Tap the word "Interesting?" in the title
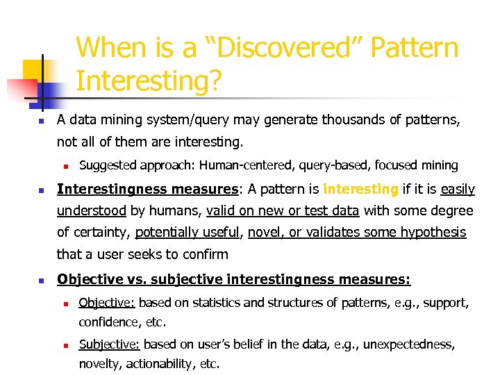click(149, 81)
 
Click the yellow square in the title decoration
click(33, 70)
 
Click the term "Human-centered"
click(235, 165)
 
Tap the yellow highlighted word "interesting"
click(360, 189)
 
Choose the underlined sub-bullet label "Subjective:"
click(109, 344)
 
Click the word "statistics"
click(211, 303)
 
